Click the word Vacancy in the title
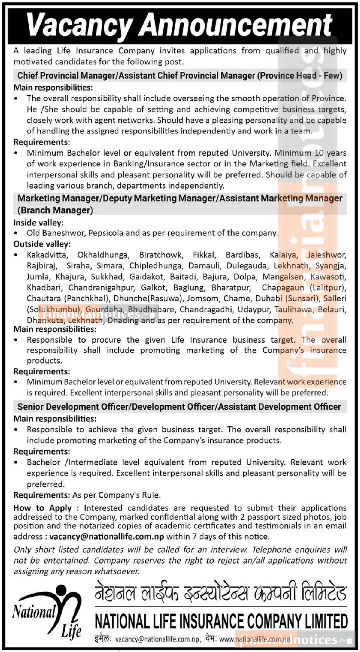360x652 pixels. tap(79, 25)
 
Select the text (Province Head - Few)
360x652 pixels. tap(300, 75)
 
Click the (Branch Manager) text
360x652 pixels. tap(55, 210)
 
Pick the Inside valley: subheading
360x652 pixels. tap(39, 223)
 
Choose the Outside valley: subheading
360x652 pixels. tap(42, 244)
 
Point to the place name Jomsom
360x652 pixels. tap(203, 298)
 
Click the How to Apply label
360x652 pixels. tap(42, 508)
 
